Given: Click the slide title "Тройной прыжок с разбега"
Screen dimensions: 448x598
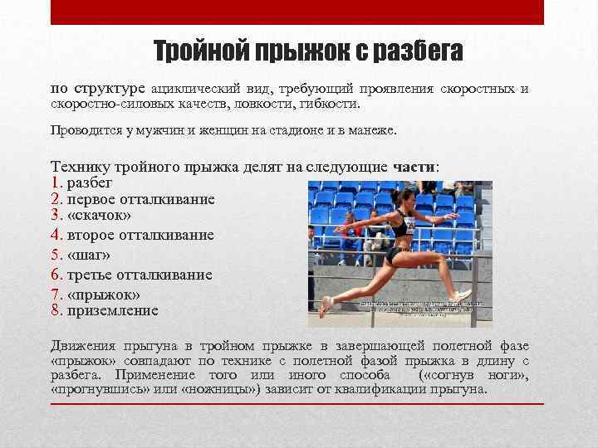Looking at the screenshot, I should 308,52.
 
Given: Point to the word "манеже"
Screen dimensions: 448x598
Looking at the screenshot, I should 375,130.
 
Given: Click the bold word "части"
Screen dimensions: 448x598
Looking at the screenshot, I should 413,167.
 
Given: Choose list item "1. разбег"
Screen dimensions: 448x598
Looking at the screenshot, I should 81,182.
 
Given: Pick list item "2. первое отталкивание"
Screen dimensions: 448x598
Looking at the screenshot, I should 132,199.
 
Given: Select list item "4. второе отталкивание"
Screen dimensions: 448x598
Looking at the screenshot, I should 132,236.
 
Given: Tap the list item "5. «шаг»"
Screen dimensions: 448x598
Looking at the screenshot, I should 81,255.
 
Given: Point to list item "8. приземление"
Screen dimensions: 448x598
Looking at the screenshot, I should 104,311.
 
